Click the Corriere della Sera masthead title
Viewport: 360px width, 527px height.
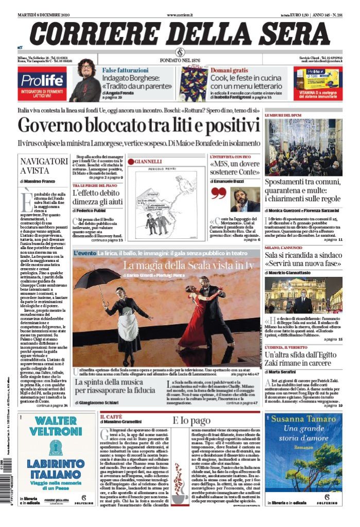point(180,33)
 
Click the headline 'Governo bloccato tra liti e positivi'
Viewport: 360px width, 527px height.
point(139,126)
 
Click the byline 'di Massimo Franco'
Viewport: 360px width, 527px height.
point(39,182)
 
